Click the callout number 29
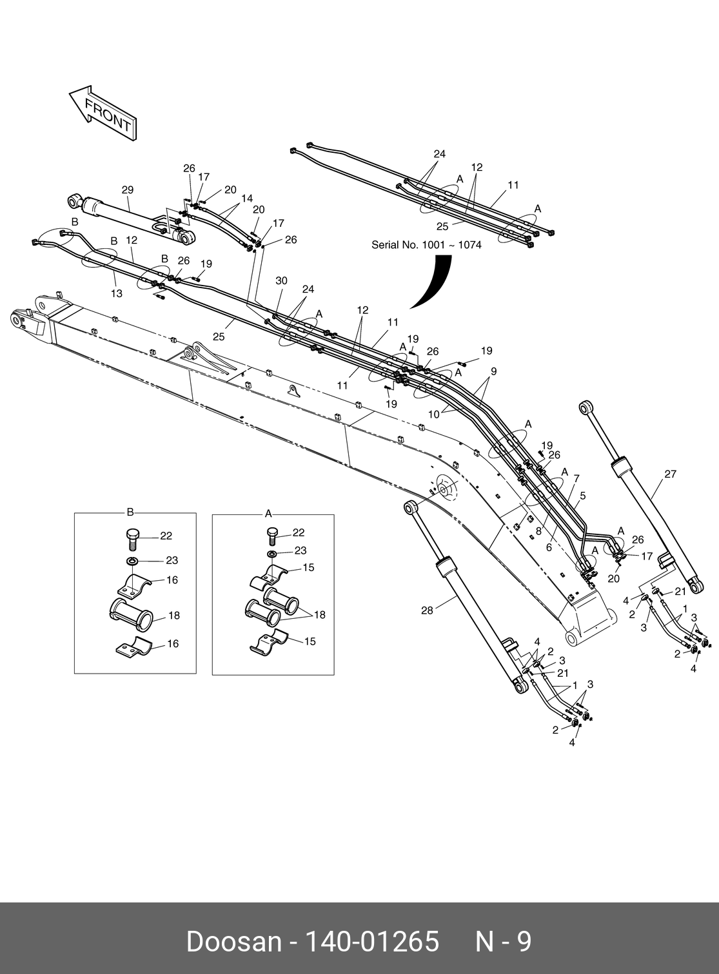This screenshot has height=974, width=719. tap(128, 190)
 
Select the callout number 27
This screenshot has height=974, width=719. tap(670, 474)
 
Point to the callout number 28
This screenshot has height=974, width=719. tap(427, 610)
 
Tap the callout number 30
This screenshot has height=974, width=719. tap(281, 281)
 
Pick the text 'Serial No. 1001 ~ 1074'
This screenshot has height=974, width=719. tap(426, 245)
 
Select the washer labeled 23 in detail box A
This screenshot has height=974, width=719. tap(272, 554)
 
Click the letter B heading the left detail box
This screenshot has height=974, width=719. tap(130, 512)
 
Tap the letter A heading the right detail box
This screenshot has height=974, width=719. tap(268, 514)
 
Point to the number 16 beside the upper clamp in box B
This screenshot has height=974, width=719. tap(172, 580)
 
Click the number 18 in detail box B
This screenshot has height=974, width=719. tap(174, 616)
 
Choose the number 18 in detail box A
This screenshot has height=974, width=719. tap(320, 615)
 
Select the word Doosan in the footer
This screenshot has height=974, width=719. tap(233, 942)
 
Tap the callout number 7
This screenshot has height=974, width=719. tap(576, 478)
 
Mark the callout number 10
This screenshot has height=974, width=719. tap(433, 414)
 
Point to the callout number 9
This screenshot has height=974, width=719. tap(493, 371)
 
